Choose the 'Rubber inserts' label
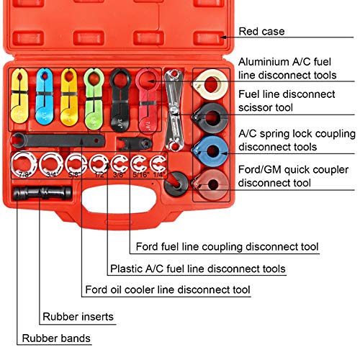pos(77,316)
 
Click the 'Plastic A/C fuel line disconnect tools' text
pos(197,269)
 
